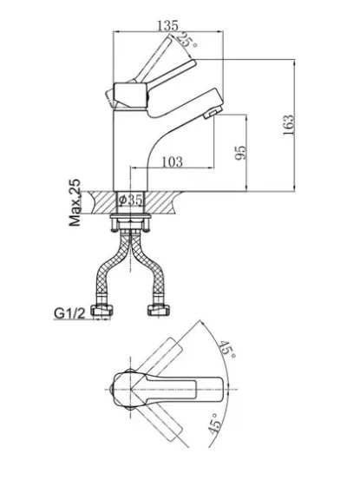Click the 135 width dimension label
click(x=167, y=25)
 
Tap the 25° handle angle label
click(x=187, y=40)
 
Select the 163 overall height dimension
click(x=288, y=125)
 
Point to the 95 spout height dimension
click(x=240, y=153)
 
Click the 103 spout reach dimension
click(x=172, y=161)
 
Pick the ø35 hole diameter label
click(x=131, y=200)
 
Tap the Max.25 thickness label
click(x=75, y=202)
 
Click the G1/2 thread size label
click(x=69, y=313)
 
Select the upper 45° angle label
click(x=226, y=350)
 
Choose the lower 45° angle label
click(x=214, y=424)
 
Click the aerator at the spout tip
click(x=213, y=112)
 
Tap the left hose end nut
click(x=101, y=310)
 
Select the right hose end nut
click(x=159, y=310)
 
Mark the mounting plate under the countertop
click(x=131, y=217)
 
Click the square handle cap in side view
click(x=131, y=95)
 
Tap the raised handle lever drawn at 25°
click(x=152, y=59)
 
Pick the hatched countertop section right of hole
click(x=160, y=202)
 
